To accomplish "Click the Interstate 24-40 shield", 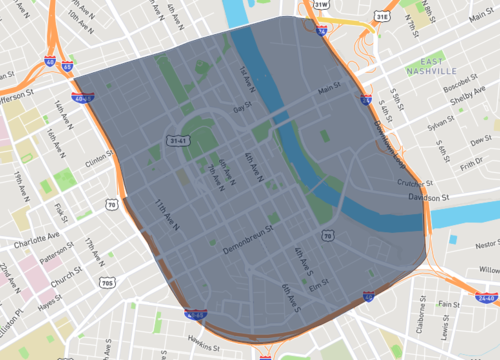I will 487,298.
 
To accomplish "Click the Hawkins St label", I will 202,343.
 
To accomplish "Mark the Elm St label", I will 318,285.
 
